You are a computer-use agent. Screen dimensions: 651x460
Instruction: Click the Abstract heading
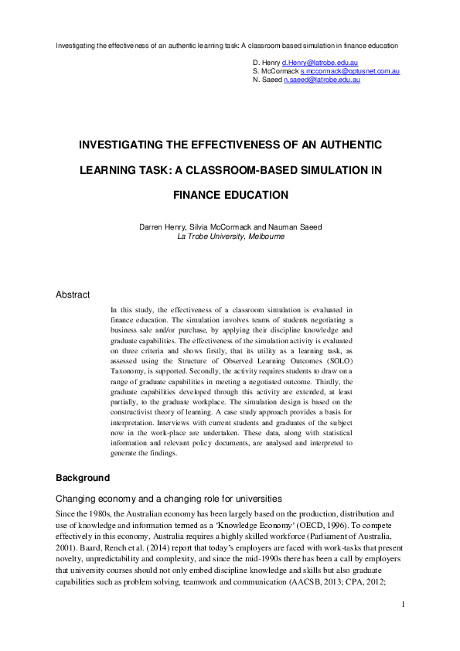pyautogui.click(x=73, y=295)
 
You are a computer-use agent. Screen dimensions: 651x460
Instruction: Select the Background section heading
pyautogui.click(x=83, y=477)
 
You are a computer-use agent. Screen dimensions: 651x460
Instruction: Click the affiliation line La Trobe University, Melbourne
pyautogui.click(x=230, y=237)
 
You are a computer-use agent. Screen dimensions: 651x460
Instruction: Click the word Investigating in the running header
pyautogui.click(x=77, y=45)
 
